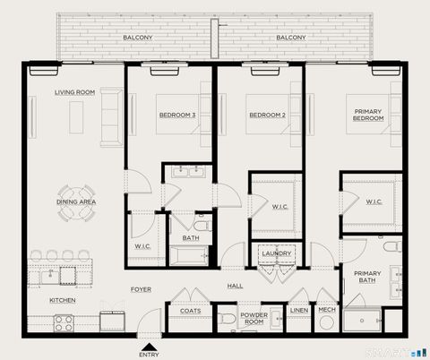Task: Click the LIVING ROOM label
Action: pos(74,92)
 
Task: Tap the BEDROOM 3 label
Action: pos(177,115)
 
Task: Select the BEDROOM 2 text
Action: pos(267,115)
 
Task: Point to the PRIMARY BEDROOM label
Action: pos(368,114)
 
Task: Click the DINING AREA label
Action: pos(76,202)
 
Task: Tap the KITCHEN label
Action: pos(62,300)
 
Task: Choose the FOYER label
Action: pos(141,289)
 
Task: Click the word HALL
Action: pos(235,286)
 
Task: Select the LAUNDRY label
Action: pos(275,253)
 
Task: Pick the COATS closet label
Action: pos(190,311)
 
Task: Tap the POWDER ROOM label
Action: pos(254,318)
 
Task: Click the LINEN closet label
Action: pos(298,311)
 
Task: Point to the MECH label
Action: pos(327,311)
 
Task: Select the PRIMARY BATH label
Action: pos(367,278)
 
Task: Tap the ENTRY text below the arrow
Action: pos(149,354)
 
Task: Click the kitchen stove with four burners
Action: pos(64,322)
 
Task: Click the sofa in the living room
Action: pos(110,116)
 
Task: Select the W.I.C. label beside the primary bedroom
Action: pos(374,202)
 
